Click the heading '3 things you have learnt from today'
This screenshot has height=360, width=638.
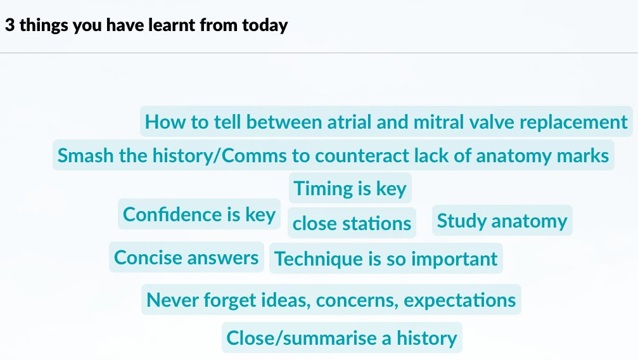pos(146,26)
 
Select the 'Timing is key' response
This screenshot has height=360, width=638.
pos(350,189)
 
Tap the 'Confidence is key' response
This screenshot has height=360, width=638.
pos(199,214)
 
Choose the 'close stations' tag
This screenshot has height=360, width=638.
pos(352,224)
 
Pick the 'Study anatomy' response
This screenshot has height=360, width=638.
pos(502,221)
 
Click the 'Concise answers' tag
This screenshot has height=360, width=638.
pos(186,258)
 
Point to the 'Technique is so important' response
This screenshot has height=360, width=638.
pos(386,259)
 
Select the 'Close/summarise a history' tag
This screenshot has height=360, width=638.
pos(341,338)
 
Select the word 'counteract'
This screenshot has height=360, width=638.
pos(362,155)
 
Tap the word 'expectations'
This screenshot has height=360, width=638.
pos(460,300)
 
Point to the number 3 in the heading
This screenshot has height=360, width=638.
pos(9,26)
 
